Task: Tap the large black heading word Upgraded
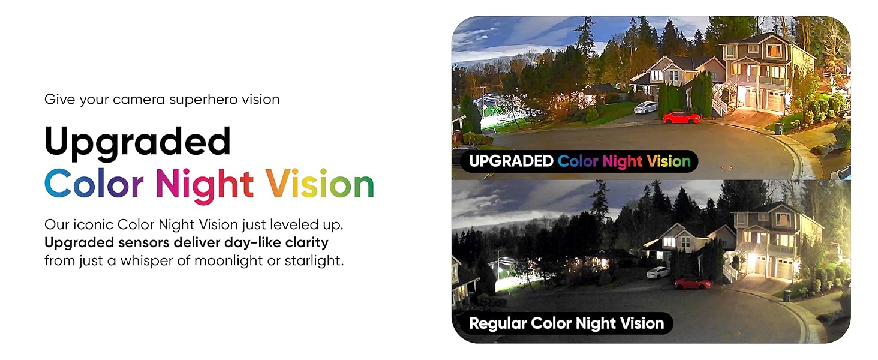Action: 137,142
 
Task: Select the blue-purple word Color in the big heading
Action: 94,184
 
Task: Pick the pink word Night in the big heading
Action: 204,184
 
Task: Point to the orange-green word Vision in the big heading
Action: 320,184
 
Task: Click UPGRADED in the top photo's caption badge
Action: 511,161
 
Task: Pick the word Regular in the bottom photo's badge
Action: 497,324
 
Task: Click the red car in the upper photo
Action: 682,117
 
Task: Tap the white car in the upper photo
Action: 645,108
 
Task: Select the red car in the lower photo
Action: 692,283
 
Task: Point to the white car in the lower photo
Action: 658,272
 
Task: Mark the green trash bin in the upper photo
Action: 779,128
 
